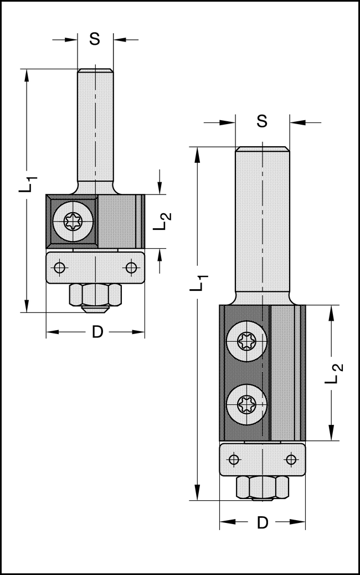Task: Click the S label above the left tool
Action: point(95,39)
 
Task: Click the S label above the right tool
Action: point(263,121)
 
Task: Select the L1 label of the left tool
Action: point(29,183)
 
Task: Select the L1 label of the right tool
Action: point(200,281)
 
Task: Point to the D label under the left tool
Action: point(97,332)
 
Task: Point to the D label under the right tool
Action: point(263,522)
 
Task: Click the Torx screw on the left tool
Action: point(73,223)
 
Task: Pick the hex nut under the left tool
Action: point(95,294)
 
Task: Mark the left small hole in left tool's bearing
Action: point(60,268)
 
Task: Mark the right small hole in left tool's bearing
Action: point(131,268)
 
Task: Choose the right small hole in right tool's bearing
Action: point(291,459)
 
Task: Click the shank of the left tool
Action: point(95,127)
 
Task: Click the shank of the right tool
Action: point(263,222)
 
